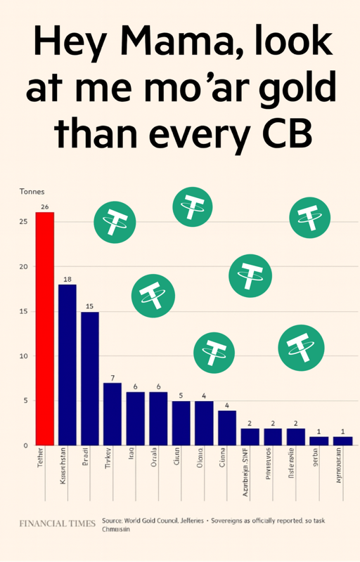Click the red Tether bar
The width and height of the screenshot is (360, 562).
(x=45, y=329)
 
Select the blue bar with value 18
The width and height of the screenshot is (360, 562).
(x=67, y=365)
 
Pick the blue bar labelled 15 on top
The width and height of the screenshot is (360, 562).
(x=90, y=379)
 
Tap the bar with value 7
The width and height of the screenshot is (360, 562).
(x=112, y=414)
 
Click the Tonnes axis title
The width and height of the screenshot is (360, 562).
(x=32, y=191)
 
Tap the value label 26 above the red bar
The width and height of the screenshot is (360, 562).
(x=45, y=207)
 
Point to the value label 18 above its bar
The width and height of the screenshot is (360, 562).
(x=67, y=279)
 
